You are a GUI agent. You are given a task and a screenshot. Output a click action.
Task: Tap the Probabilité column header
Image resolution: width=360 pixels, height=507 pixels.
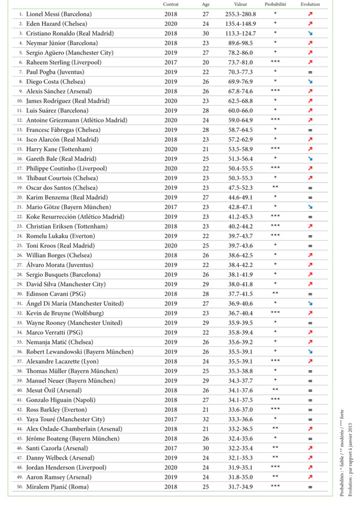[275, 4]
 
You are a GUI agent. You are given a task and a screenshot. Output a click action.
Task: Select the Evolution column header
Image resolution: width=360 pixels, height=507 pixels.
[311, 4]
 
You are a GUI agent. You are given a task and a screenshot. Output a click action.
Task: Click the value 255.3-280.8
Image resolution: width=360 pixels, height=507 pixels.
[240, 14]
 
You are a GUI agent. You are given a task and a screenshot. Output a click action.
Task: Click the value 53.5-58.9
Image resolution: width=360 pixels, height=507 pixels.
[240, 148]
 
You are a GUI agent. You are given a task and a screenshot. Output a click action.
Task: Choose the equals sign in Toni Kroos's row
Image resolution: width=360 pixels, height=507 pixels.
[311, 245]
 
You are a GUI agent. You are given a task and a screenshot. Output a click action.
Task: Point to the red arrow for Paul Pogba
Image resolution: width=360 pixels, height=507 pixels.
[311, 71]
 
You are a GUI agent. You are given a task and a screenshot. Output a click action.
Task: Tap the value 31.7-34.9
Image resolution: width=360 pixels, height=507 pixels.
[240, 487]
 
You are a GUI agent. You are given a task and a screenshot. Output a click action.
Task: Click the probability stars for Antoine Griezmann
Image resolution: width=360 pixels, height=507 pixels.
[275, 119]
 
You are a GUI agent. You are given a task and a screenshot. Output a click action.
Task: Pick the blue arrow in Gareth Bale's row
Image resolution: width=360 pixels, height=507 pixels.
[311, 158]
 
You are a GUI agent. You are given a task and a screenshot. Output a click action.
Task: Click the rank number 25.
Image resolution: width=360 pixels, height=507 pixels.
[20, 245]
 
